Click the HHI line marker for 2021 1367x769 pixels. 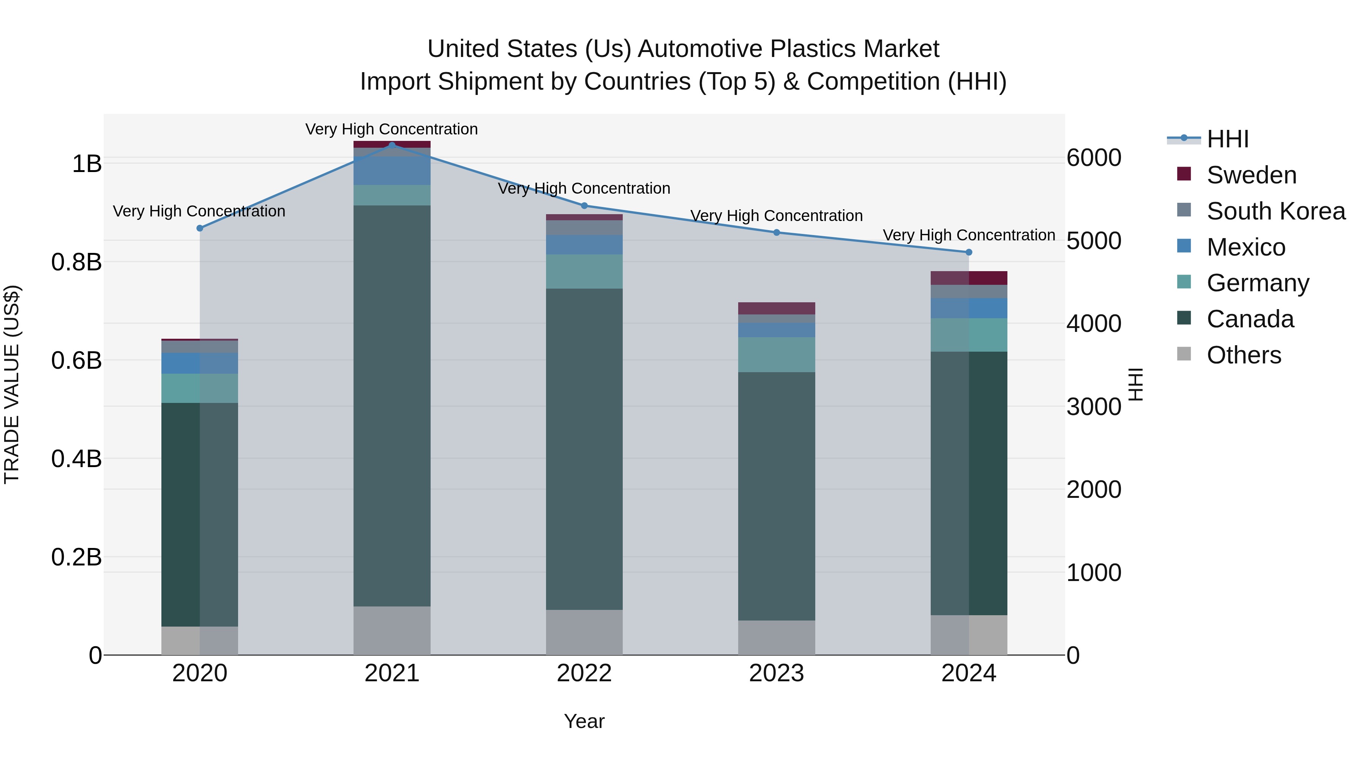[x=392, y=145]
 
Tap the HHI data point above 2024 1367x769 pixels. [x=969, y=252]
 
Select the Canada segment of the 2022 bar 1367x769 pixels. [x=584, y=448]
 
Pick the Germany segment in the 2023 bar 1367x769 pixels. [x=777, y=355]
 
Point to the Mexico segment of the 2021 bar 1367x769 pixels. [x=392, y=171]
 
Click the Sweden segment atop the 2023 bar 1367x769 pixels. [x=777, y=308]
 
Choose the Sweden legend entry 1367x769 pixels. [x=1251, y=175]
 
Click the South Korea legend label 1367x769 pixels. [x=1276, y=211]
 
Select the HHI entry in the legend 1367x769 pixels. [x=1227, y=139]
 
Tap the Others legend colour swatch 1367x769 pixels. [x=1184, y=354]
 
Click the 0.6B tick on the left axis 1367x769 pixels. [x=76, y=361]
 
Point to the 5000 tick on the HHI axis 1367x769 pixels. [x=1094, y=241]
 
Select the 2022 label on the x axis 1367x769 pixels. [x=584, y=673]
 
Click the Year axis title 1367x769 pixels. [x=584, y=721]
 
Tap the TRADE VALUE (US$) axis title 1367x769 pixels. [x=12, y=384]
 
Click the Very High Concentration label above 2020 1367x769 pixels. [x=199, y=211]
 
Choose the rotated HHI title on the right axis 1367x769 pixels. [x=1135, y=384]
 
